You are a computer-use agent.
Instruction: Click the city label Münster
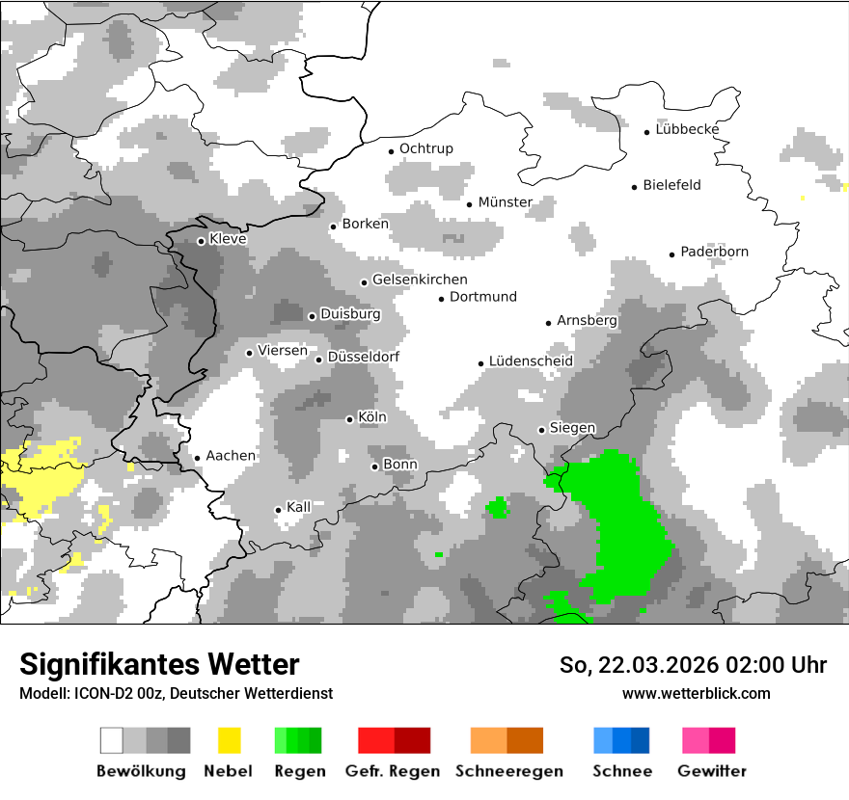[x=505, y=202]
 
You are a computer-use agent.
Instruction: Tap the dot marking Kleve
[x=201, y=241]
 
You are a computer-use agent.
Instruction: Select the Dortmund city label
[x=483, y=297]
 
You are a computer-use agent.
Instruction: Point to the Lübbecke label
[x=687, y=129]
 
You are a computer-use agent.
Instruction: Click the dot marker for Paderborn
[x=672, y=254]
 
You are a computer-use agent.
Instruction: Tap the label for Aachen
[x=231, y=456]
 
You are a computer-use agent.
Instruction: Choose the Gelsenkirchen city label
[x=420, y=280]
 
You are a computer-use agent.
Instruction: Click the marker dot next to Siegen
[x=542, y=430]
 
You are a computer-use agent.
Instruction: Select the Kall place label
[x=299, y=507]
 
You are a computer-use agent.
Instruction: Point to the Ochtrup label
[x=425, y=148]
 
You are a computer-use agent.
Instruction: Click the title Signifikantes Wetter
[x=159, y=664]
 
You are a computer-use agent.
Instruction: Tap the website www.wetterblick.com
[x=696, y=693]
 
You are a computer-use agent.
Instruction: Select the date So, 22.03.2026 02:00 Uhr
[x=693, y=665]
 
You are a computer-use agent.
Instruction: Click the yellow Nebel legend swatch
[x=229, y=740]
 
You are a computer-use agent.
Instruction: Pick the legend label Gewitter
[x=711, y=771]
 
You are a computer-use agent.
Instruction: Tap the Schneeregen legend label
[x=508, y=771]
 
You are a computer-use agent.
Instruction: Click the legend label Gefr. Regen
[x=393, y=771]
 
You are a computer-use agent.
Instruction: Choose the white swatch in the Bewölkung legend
[x=112, y=740]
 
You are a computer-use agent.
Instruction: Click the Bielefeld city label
[x=671, y=185]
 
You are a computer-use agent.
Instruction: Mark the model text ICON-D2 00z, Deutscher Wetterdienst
[x=176, y=694]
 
